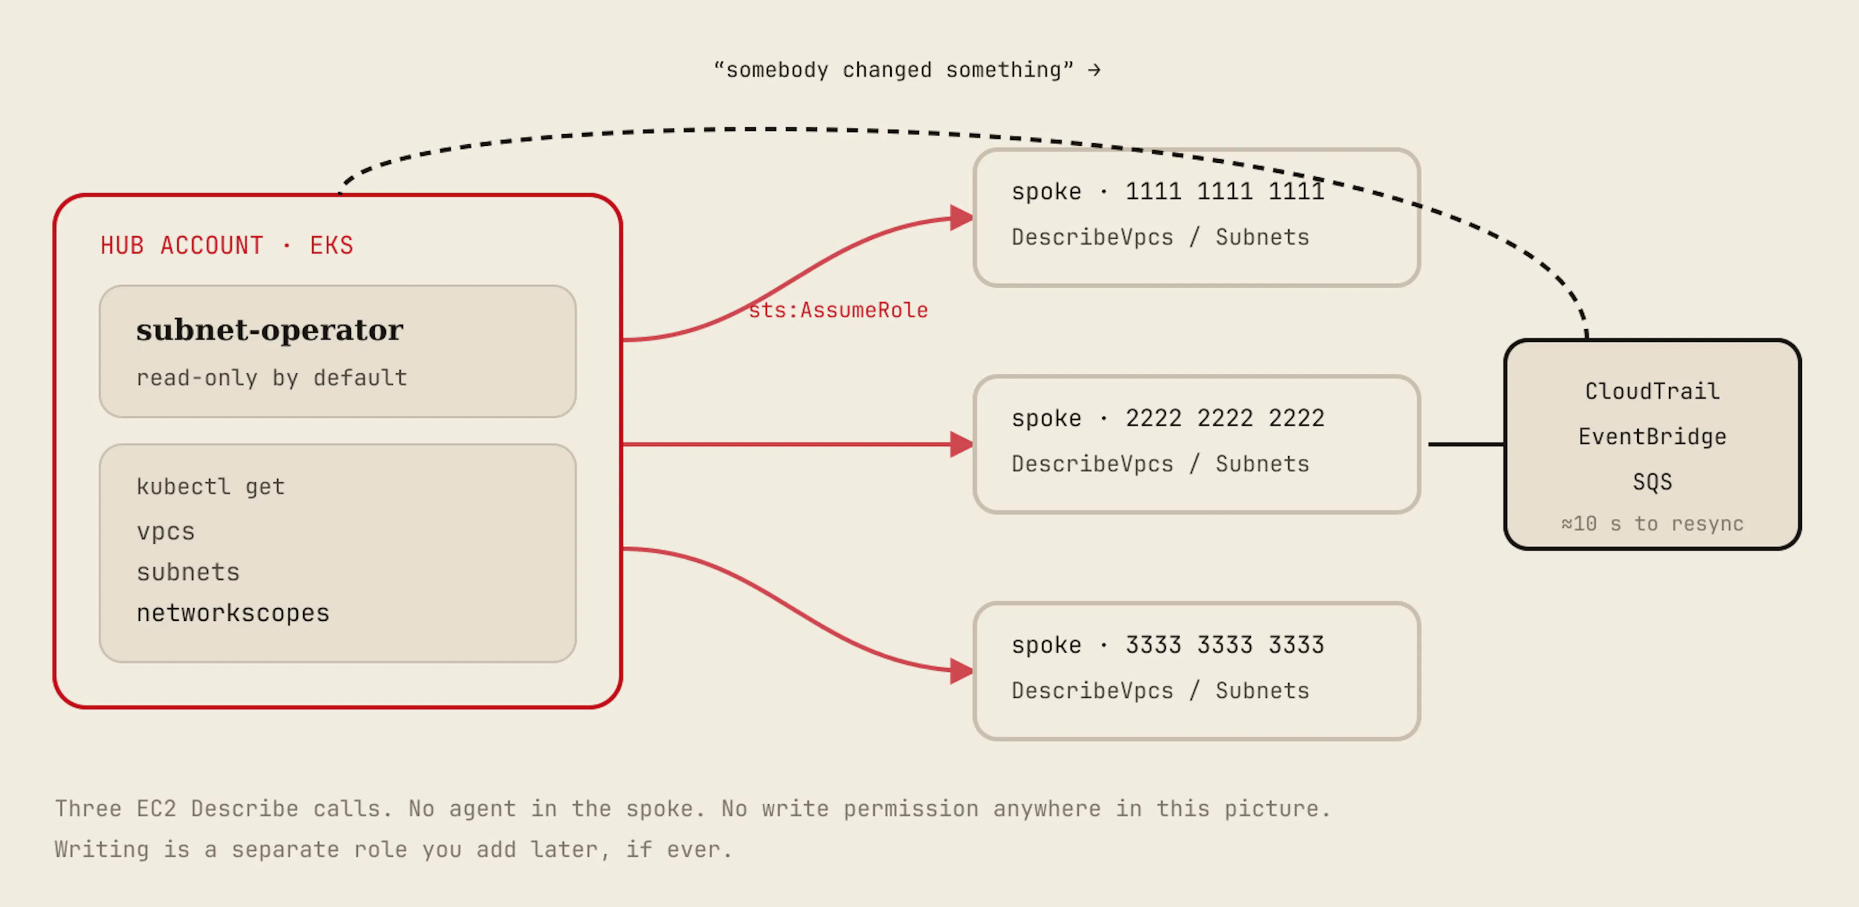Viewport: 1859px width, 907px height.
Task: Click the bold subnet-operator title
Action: coord(269,330)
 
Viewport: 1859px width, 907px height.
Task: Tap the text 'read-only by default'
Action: coord(271,378)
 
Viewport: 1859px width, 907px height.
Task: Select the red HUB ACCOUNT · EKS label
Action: coord(227,246)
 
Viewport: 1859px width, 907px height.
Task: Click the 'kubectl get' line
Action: coord(210,487)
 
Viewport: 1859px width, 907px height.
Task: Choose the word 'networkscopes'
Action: coord(232,613)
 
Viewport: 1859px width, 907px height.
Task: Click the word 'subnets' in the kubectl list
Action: coord(188,572)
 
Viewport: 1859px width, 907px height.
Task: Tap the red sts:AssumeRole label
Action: coord(838,310)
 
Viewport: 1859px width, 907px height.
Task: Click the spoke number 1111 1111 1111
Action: coord(1225,191)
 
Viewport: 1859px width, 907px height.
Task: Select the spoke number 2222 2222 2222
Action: coord(1225,418)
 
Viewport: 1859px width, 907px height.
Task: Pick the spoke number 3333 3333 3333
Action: coord(1225,645)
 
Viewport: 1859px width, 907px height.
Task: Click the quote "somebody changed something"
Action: coord(893,70)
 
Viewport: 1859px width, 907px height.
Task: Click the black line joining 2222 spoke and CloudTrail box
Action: coord(1466,444)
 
